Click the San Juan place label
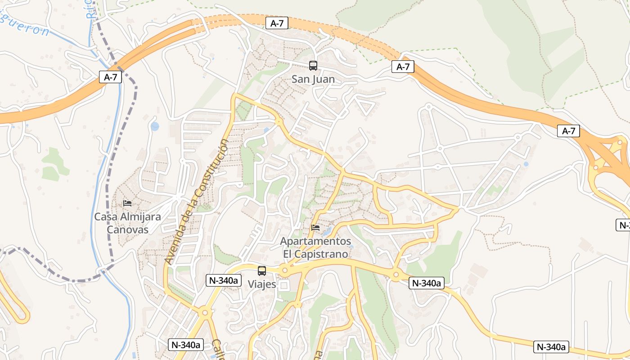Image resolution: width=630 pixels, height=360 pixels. coord(313,80)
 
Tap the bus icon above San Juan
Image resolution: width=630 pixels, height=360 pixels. coord(313,66)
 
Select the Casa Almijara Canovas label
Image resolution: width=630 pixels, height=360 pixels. coord(127,223)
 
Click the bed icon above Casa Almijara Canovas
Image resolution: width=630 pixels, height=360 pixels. coord(127,203)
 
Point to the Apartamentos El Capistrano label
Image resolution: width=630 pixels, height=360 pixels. coord(315,247)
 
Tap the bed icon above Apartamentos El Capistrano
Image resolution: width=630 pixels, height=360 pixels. coord(315,228)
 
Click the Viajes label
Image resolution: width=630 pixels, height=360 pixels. coord(261,284)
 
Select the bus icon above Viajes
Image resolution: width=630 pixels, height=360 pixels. coord(261,271)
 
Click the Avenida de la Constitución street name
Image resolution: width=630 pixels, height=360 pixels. coord(197,202)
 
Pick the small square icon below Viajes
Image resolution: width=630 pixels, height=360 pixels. coord(283,285)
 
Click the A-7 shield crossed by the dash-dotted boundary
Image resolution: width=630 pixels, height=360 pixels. coord(110,77)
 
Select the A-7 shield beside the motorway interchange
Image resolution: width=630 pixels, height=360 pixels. coord(568,131)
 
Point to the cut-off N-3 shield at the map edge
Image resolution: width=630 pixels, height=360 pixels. coord(623,225)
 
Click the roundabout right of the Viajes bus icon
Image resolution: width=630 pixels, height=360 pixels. coord(284,270)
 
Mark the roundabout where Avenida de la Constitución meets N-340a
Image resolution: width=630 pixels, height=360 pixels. coord(205,312)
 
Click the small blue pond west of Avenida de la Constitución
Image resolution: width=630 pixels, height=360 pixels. coord(155,126)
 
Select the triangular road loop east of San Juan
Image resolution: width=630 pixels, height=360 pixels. coord(365,106)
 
